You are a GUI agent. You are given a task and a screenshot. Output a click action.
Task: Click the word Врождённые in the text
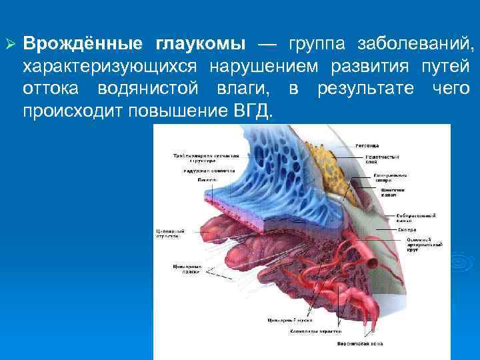(83, 44)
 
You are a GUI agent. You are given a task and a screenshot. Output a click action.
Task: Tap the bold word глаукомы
(200, 44)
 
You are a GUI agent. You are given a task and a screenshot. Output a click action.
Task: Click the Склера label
(407, 229)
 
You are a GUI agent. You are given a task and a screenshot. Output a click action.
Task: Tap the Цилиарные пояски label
(183, 269)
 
